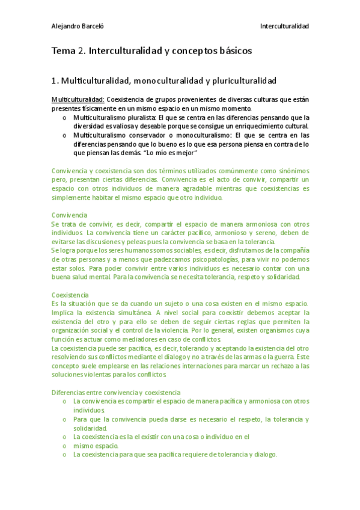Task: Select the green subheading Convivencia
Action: [69, 215]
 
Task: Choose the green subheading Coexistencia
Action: [70, 295]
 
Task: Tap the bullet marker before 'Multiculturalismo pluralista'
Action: [64, 118]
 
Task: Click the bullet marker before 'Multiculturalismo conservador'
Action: [64, 136]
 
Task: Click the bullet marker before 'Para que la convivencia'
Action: [64, 419]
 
